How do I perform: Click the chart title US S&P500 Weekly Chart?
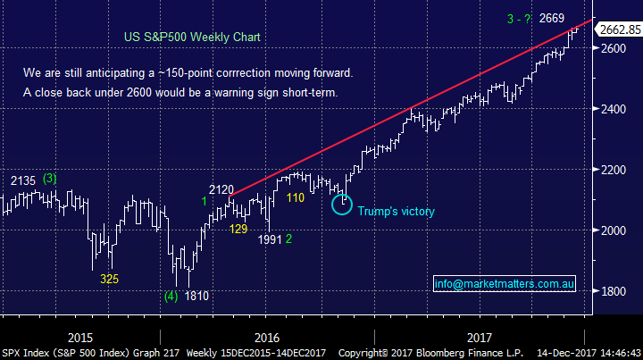191,38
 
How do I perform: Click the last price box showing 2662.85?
619,29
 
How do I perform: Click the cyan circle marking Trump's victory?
341,204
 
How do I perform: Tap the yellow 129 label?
238,230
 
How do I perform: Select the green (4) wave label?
171,296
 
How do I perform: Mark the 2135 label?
23,180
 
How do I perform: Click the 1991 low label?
269,239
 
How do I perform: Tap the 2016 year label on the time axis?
267,338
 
